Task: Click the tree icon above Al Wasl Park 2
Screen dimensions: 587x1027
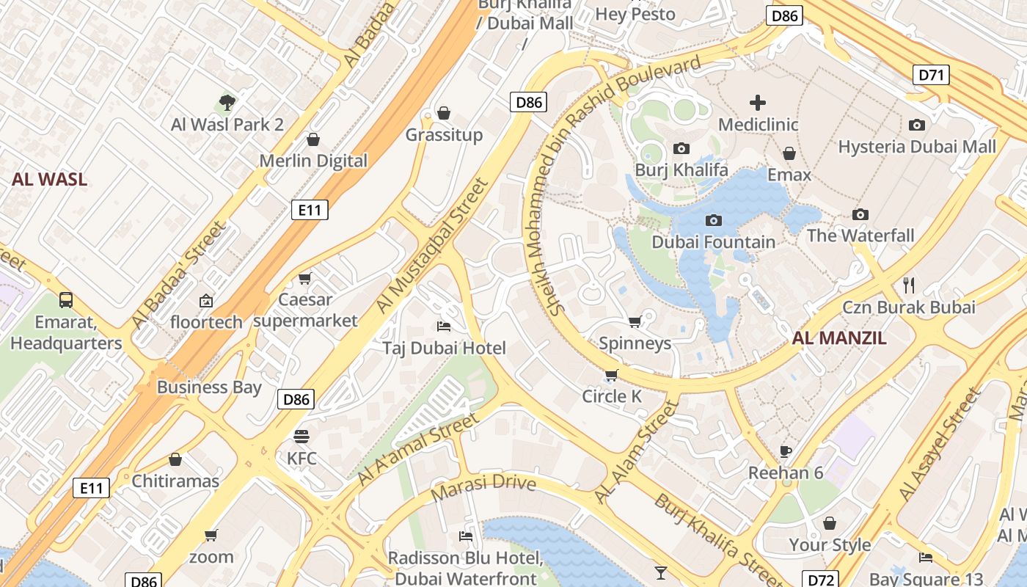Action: [x=227, y=102]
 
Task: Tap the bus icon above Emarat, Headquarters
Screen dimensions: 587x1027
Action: [x=66, y=299]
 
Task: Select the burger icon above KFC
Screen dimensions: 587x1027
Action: [x=301, y=437]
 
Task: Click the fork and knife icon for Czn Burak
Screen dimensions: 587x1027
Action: [x=909, y=285]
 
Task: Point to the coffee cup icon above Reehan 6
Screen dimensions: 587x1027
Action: [x=786, y=451]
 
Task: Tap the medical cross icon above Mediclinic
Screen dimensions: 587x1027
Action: [x=758, y=103]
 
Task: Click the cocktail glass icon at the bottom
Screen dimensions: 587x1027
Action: [x=661, y=572]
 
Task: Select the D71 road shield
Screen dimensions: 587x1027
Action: [x=932, y=75]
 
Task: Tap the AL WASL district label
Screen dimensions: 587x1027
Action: [x=49, y=179]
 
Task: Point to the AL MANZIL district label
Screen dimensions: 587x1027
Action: [x=839, y=338]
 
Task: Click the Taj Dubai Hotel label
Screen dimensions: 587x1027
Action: [x=444, y=348]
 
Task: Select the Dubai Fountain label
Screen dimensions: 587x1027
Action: [x=713, y=242]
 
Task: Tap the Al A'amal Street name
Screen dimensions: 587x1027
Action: [x=417, y=449]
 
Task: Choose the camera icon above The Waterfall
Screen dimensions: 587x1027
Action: [x=860, y=214]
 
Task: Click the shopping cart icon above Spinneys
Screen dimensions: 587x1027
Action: [x=635, y=321]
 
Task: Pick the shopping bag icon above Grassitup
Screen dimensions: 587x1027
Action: [x=444, y=113]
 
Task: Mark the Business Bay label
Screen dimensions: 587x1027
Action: [x=209, y=387]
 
